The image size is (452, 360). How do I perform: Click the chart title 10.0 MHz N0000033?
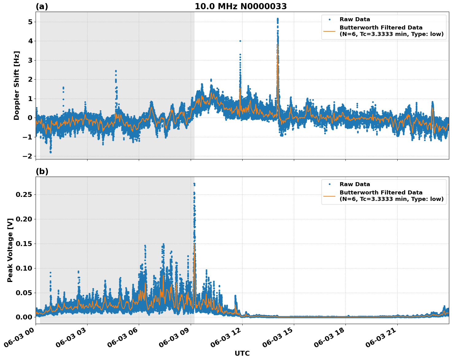(240, 6)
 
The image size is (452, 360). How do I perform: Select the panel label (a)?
(42, 6)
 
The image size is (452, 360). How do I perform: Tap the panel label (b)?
(42, 171)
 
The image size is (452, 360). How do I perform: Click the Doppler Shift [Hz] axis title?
(17, 85)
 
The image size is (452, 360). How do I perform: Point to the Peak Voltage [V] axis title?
(10, 250)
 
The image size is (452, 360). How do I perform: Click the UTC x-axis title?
(242, 353)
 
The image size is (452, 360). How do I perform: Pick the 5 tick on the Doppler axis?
(30, 22)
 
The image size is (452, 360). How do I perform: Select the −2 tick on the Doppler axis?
(28, 156)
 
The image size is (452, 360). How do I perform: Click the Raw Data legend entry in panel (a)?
(355, 19)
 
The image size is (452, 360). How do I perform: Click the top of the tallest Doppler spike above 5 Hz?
(278, 19)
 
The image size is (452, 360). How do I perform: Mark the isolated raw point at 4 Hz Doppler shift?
(240, 41)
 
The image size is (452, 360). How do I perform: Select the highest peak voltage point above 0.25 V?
(194, 184)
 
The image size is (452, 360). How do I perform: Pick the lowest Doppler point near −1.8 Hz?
(51, 152)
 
